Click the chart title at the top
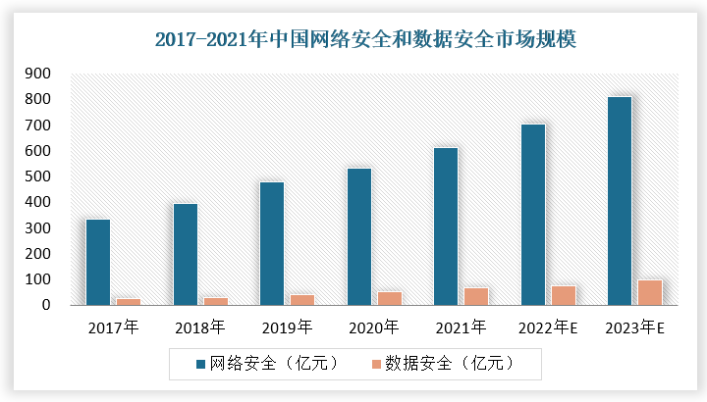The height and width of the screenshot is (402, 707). tap(365, 39)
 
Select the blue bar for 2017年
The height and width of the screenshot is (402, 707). tap(98, 262)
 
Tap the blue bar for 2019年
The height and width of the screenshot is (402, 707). tap(272, 243)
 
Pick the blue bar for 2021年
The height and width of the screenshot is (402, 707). tap(446, 226)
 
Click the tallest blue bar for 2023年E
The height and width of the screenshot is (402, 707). tap(620, 201)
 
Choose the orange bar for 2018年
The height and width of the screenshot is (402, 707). tap(216, 301)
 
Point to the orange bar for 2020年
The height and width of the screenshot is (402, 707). tap(390, 298)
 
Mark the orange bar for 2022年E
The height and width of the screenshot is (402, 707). tap(564, 295)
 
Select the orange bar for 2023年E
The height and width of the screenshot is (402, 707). tap(650, 292)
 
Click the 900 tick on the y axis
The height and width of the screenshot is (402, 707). tap(38, 73)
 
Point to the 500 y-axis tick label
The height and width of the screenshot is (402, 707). tap(38, 176)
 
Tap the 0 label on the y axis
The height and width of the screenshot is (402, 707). tap(46, 305)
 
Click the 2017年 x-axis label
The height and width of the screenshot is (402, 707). tap(113, 327)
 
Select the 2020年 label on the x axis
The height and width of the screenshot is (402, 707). tap(374, 327)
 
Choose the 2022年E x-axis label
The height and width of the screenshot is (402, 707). tap(548, 327)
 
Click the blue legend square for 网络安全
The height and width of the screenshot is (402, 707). tap(200, 364)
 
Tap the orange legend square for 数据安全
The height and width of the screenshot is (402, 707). tap(376, 364)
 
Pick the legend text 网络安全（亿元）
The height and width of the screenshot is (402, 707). tap(275, 364)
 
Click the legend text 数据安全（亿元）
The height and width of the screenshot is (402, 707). tap(450, 364)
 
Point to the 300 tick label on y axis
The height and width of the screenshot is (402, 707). tap(38, 227)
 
